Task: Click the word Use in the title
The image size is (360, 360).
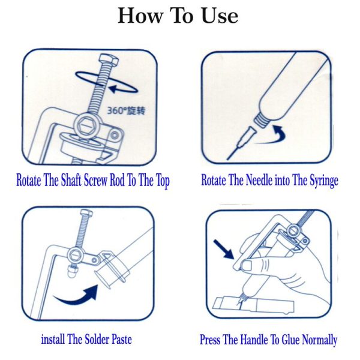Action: click(x=220, y=16)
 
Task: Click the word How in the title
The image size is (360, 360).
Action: click(x=140, y=16)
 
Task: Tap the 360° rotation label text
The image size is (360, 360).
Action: click(x=127, y=110)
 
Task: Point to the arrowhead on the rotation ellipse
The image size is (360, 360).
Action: click(x=114, y=89)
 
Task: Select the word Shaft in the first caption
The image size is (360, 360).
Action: click(x=71, y=180)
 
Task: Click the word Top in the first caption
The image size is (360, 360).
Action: click(x=163, y=181)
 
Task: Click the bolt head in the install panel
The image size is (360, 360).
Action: click(x=87, y=214)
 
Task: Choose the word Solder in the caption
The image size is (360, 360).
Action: click(x=97, y=339)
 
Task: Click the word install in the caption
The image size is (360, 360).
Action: click(x=53, y=339)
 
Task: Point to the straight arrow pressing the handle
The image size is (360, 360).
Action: click(x=224, y=250)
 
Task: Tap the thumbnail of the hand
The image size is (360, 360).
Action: click(x=247, y=266)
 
